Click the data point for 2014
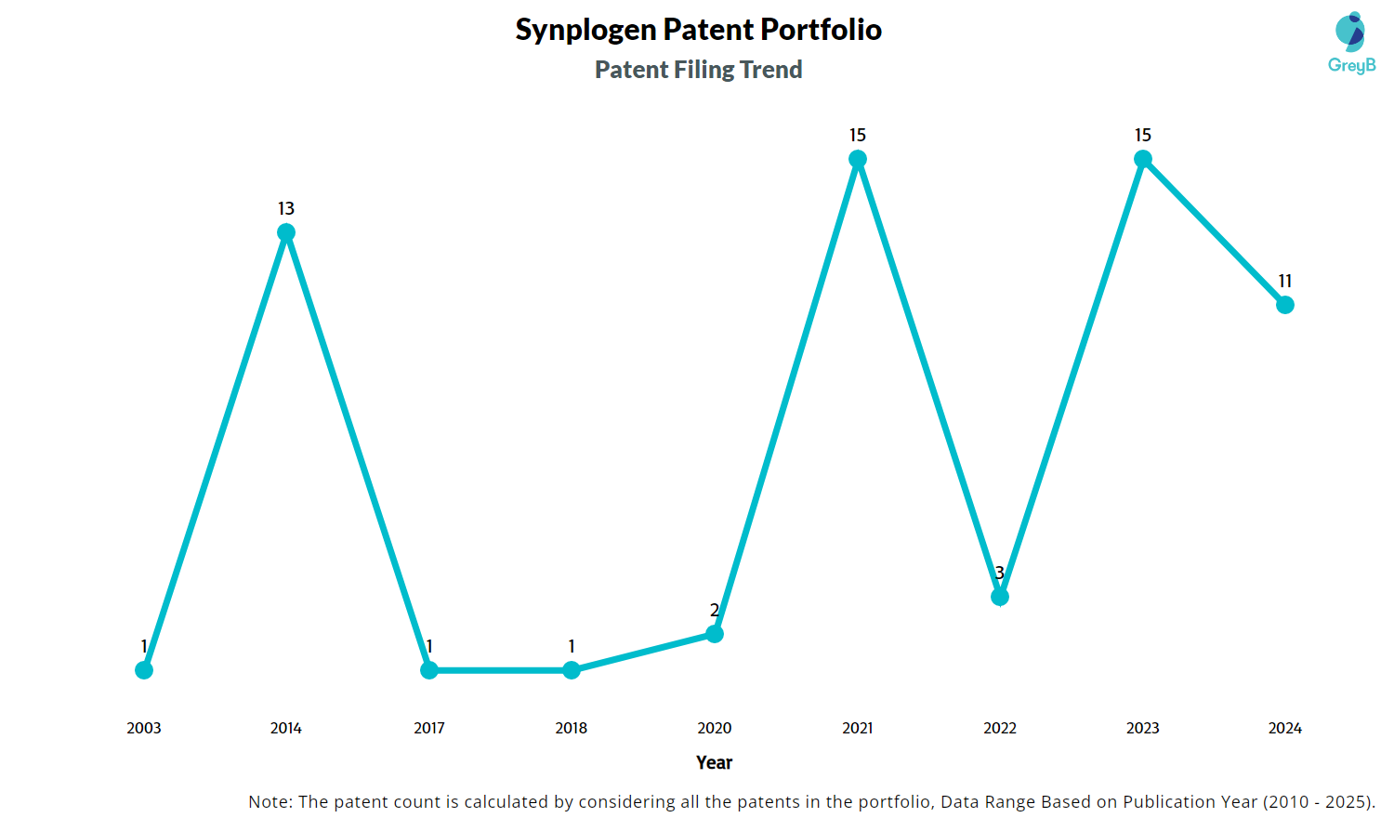[x=286, y=232]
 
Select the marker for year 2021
[x=858, y=160]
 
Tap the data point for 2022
[x=1000, y=597]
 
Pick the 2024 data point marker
[x=1285, y=305]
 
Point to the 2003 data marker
[x=144, y=670]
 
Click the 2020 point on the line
[x=715, y=634]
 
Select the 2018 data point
[x=572, y=670]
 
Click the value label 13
[x=286, y=208]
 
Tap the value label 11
[x=1285, y=281]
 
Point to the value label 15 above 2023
[x=1143, y=136]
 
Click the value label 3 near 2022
[x=1000, y=573]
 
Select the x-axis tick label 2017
[x=429, y=728]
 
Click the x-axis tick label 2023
[x=1143, y=728]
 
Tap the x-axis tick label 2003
[x=144, y=728]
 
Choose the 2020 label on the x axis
[x=715, y=728]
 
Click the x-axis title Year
[x=714, y=762]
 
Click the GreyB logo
[x=1351, y=43]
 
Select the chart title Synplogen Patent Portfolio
[x=698, y=30]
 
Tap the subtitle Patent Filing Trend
[x=698, y=70]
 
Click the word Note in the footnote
[x=269, y=801]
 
